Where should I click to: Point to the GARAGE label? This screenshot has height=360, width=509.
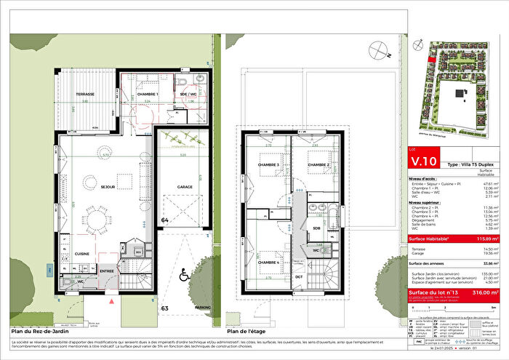184,187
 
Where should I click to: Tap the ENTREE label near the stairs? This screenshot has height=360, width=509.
108,270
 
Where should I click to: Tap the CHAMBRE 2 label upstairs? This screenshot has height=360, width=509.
318,165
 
